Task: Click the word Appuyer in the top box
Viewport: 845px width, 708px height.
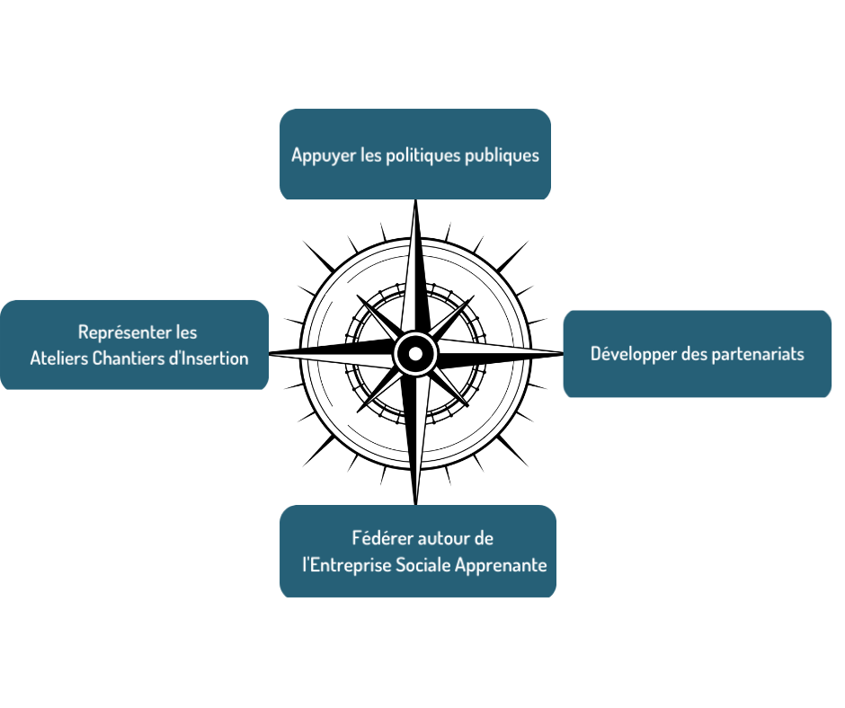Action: (320, 155)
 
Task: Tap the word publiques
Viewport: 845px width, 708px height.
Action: (502, 155)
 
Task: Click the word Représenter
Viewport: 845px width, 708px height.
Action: (125, 332)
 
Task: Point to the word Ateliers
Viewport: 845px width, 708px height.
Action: (58, 358)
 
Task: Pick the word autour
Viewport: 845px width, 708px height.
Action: (445, 538)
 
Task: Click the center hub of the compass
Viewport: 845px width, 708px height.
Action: (415, 353)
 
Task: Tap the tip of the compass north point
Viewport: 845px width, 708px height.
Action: (415, 201)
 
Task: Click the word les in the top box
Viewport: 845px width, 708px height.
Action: (370, 155)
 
